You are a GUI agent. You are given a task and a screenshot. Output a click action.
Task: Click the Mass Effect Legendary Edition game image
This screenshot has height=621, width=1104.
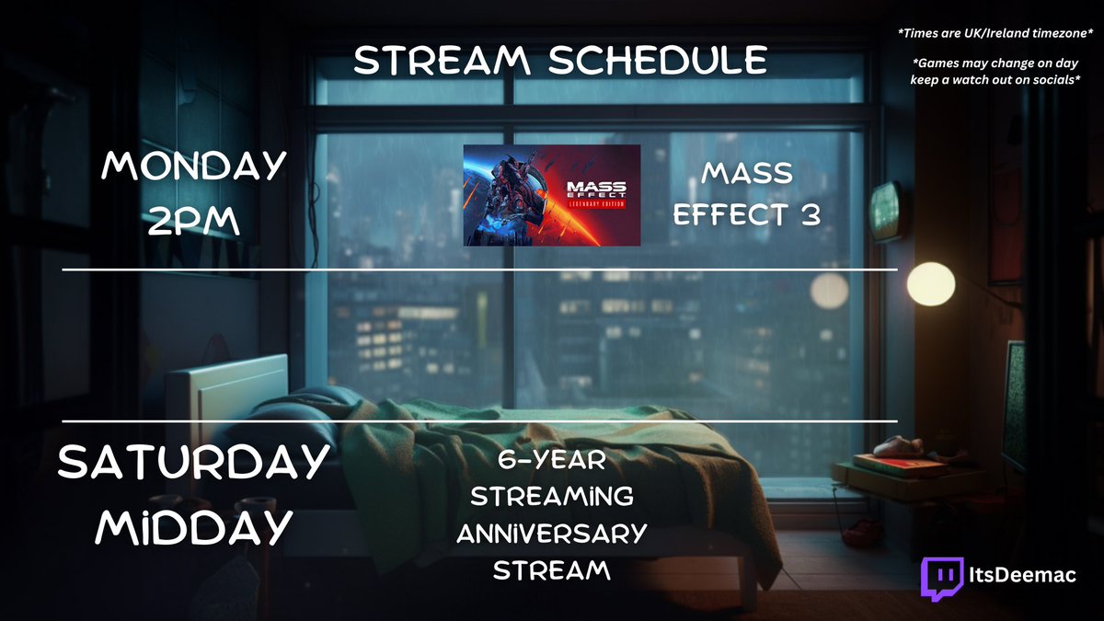pyautogui.click(x=551, y=195)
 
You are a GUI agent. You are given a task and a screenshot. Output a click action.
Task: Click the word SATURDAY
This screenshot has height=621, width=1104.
pyautogui.click(x=193, y=461)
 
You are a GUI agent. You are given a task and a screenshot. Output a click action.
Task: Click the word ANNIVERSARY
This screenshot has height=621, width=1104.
pyautogui.click(x=551, y=533)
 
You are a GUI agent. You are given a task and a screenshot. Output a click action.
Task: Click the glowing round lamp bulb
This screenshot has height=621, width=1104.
pyautogui.click(x=925, y=279)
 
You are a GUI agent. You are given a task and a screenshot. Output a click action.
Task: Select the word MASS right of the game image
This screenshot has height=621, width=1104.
pyautogui.click(x=746, y=173)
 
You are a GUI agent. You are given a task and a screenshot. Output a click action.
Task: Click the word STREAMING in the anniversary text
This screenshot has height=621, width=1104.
pyautogui.click(x=551, y=496)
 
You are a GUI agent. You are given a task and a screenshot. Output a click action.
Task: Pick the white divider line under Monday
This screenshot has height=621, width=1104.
pyautogui.click(x=478, y=270)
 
